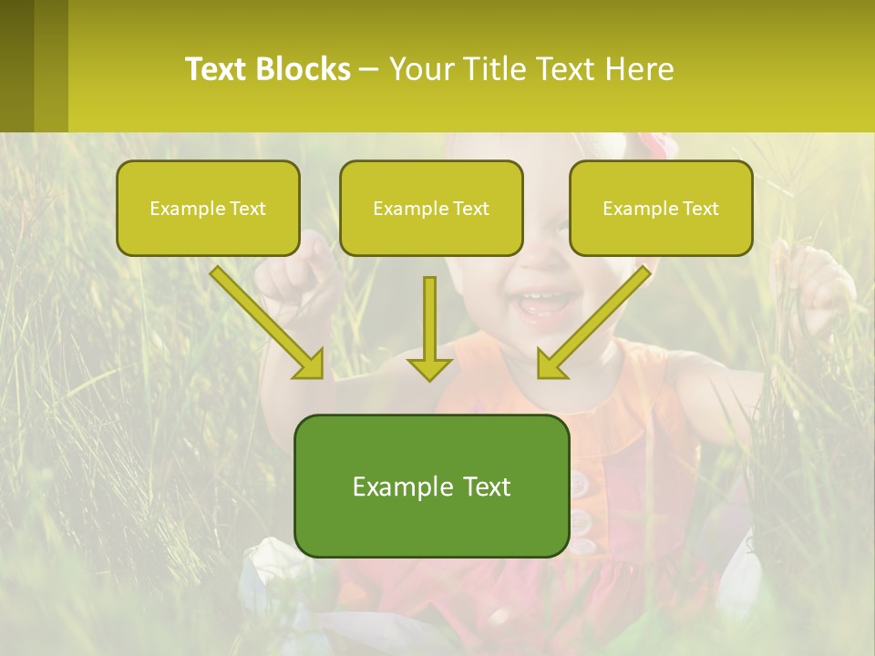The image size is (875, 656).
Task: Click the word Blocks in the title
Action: click(303, 69)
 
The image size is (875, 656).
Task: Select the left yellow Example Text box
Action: click(208, 208)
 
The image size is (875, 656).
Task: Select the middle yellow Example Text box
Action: click(431, 208)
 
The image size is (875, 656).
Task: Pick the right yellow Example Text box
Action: click(661, 208)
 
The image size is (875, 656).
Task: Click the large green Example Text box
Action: click(431, 486)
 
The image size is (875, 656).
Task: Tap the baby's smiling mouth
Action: click(542, 303)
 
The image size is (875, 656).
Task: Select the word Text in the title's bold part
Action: click(217, 69)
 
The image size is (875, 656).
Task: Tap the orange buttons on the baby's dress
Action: click(583, 510)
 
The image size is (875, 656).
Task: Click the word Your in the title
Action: click(418, 69)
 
